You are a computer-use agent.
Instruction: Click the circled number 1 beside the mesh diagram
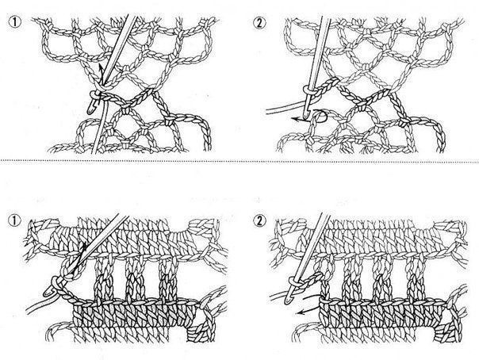tap(14, 23)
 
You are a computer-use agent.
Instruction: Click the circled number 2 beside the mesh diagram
tap(259, 23)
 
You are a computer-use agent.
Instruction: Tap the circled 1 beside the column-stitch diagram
tap(14, 220)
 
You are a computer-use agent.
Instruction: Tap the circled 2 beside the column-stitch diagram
tap(259, 220)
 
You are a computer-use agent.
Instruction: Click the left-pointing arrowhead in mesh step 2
tap(294, 120)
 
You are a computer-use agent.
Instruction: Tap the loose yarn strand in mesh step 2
tap(285, 109)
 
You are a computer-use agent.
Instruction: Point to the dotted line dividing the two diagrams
tap(239, 161)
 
